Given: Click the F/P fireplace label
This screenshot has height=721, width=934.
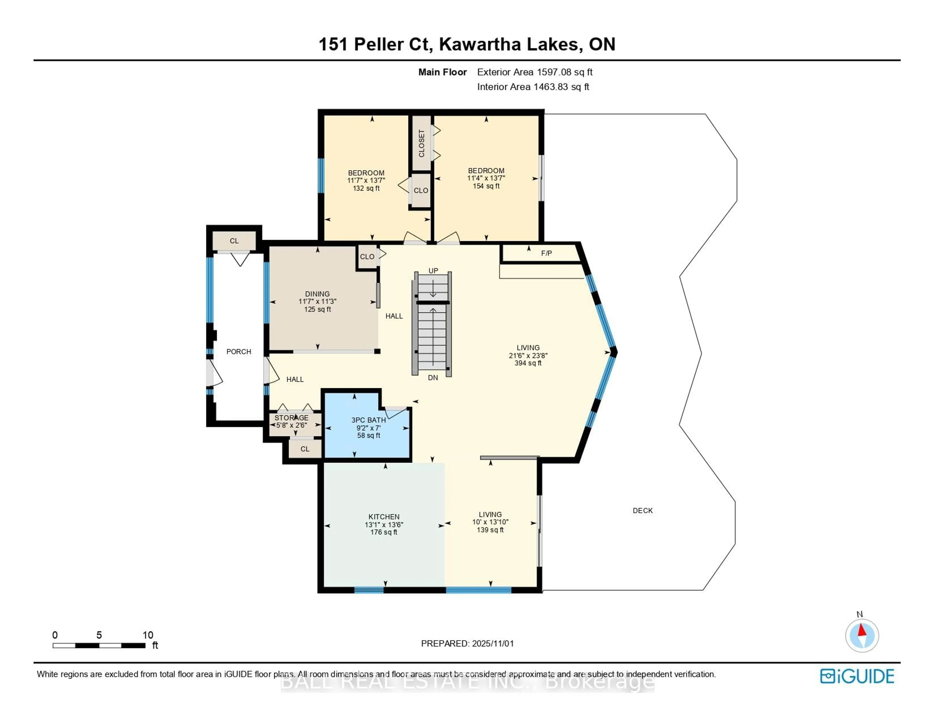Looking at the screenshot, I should pyautogui.click(x=546, y=253).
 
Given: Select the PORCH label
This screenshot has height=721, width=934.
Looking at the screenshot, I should pyautogui.click(x=239, y=351).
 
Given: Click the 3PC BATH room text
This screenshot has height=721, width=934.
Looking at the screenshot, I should pyautogui.click(x=368, y=420).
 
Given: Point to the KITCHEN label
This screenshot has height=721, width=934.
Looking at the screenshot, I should pyautogui.click(x=384, y=517).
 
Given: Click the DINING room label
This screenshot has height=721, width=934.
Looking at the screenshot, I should pyautogui.click(x=317, y=294).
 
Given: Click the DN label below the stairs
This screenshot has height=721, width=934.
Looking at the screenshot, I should pyautogui.click(x=433, y=378).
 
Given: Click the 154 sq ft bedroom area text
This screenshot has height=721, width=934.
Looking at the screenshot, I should pyautogui.click(x=486, y=186).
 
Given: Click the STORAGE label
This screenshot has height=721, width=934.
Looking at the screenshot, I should pyautogui.click(x=291, y=417).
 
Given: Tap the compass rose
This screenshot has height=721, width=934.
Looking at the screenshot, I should pyautogui.click(x=862, y=635).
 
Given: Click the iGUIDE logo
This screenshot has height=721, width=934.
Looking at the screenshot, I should pyautogui.click(x=857, y=676).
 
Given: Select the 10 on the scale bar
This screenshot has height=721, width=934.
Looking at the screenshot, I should pyautogui.click(x=148, y=635).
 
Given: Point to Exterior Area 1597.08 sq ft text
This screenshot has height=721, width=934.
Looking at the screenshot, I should pyautogui.click(x=535, y=72).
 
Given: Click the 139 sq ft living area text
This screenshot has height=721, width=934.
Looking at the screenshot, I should pyautogui.click(x=490, y=530).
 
